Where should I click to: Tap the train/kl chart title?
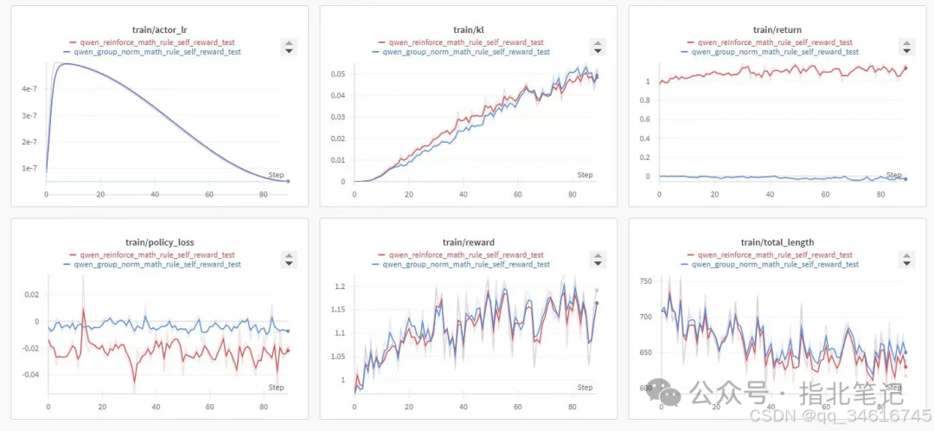click(464, 29)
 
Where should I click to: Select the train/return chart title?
click(772, 29)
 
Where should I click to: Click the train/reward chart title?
click(464, 242)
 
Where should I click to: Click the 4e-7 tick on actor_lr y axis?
click(29, 88)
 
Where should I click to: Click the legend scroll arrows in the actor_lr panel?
click(290, 47)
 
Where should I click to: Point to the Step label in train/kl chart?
click(585, 175)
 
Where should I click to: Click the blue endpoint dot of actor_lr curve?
click(288, 181)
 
